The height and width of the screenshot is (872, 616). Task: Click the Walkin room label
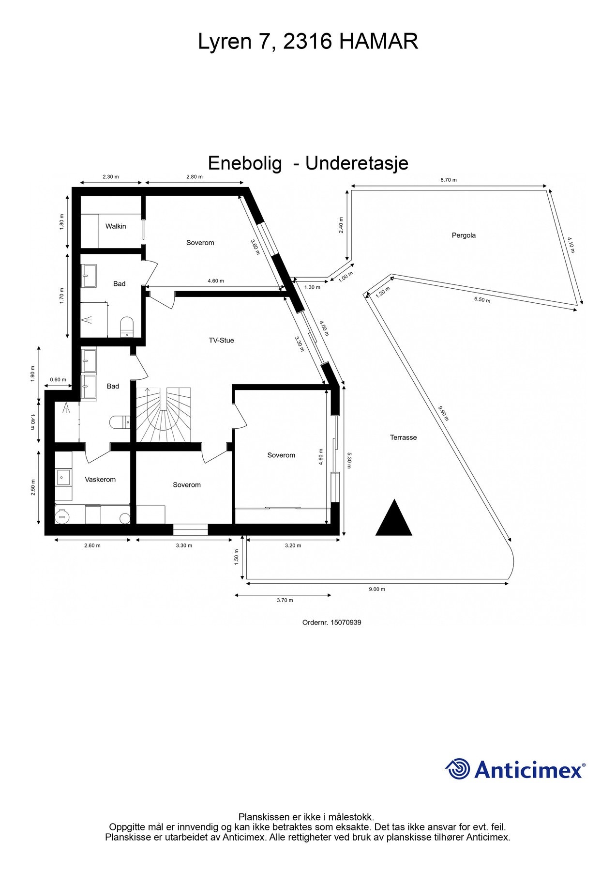click(116, 226)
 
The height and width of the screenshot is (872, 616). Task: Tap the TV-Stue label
click(221, 341)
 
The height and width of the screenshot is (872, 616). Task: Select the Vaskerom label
click(100, 480)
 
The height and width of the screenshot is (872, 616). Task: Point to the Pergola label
click(464, 235)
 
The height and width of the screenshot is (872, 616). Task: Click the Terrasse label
click(403, 437)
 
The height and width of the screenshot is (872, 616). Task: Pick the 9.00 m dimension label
click(377, 590)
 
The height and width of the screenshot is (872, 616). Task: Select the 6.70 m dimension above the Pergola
click(449, 180)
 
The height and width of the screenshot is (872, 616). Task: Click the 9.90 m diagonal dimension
click(443, 413)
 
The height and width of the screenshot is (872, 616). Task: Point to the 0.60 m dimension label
click(58, 380)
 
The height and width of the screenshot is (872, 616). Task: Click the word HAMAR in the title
click(378, 42)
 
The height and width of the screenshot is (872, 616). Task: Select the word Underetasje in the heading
click(357, 163)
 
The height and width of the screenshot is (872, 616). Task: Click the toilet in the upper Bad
click(127, 327)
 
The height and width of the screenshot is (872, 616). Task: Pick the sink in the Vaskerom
click(62, 477)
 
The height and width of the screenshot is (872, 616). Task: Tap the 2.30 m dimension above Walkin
click(111, 177)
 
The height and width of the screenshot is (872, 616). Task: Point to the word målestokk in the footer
click(349, 817)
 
